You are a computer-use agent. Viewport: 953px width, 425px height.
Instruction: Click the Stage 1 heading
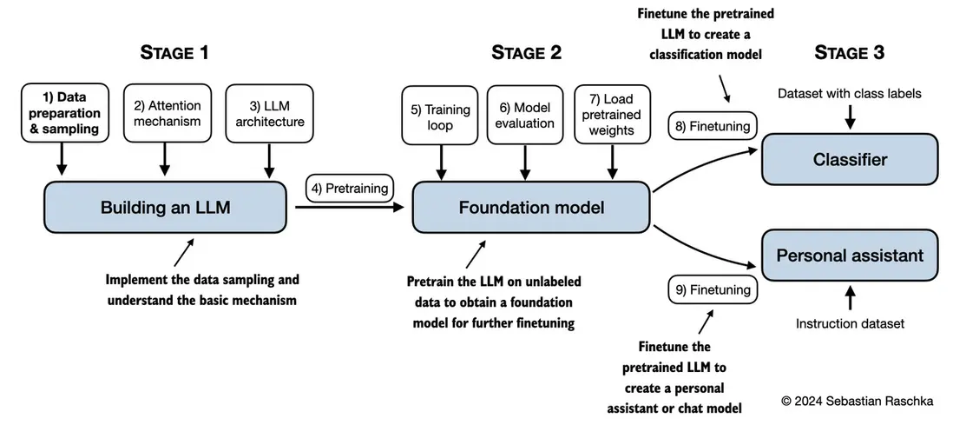174,53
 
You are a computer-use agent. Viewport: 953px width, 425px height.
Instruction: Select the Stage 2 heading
526,53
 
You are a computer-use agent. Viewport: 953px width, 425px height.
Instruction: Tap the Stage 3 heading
849,53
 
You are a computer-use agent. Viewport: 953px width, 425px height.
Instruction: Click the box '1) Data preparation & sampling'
61,114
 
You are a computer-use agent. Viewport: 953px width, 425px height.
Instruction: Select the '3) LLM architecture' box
270,114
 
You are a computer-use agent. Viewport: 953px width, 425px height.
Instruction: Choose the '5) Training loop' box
440,117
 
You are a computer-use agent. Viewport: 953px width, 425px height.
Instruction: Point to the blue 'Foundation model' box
531,207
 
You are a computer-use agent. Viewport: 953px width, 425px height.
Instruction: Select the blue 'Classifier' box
849,159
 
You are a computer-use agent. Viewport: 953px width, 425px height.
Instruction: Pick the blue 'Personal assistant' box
849,256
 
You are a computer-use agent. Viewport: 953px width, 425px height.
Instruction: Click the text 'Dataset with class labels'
849,93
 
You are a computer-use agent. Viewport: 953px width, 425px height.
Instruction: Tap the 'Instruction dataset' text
850,323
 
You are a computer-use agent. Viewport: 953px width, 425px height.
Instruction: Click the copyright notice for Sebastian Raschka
855,401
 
